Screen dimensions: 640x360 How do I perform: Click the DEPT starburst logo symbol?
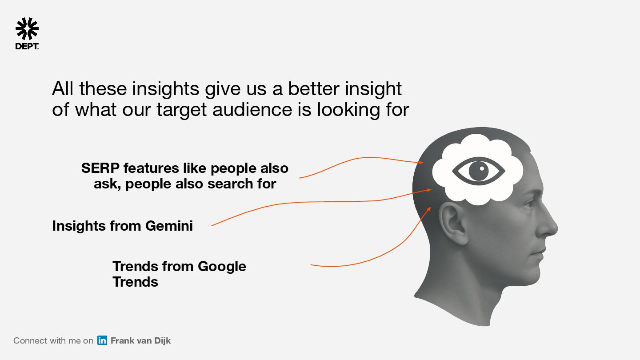pyautogui.click(x=27, y=28)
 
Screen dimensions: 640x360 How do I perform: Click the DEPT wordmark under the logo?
pyautogui.click(x=27, y=47)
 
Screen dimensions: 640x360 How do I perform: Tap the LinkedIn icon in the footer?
pyautogui.click(x=102, y=340)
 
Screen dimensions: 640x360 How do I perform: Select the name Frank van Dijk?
pyautogui.click(x=140, y=340)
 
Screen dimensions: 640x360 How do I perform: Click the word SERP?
pyautogui.click(x=100, y=168)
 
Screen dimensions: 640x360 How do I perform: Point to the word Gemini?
pyautogui.click(x=169, y=226)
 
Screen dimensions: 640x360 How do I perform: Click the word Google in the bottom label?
pyautogui.click(x=222, y=267)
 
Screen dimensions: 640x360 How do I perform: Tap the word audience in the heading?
pyautogui.click(x=252, y=109)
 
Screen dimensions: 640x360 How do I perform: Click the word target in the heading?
pyautogui.click(x=181, y=110)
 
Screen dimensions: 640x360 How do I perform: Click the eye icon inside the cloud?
pyautogui.click(x=479, y=171)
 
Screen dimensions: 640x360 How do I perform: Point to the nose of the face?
pyautogui.click(x=548, y=226)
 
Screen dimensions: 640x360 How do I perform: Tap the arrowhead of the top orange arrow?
pyautogui.click(x=421, y=162)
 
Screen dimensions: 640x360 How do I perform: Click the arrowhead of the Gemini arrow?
pyautogui.click(x=428, y=190)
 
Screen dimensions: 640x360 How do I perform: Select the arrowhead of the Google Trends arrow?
pyautogui.click(x=429, y=209)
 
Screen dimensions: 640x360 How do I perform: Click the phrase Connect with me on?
pyautogui.click(x=53, y=340)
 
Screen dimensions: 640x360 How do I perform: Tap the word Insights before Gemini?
pyautogui.click(x=79, y=226)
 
